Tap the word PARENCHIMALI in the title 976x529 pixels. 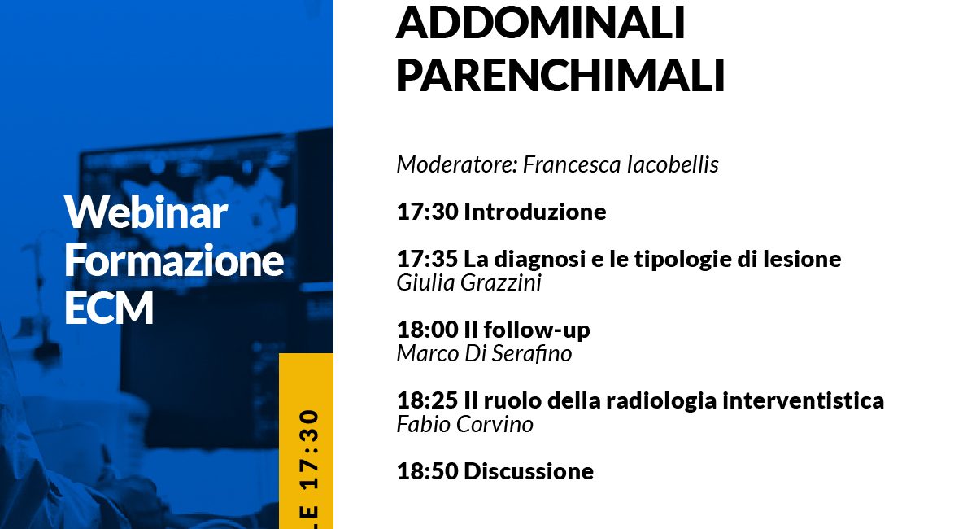tap(560, 75)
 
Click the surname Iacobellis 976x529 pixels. tap(673, 164)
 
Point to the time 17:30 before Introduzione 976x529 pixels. tap(428, 212)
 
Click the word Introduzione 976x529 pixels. tap(535, 212)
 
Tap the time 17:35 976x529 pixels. tap(428, 259)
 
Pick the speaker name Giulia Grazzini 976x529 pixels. tap(468, 283)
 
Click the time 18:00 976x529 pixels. tap(429, 330)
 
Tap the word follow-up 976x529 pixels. tap(537, 330)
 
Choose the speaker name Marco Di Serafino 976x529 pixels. tap(484, 354)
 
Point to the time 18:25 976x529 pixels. tap(428, 400)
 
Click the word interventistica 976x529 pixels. tap(804, 400)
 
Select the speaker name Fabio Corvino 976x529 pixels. tap(465, 424)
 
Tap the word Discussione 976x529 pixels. tap(529, 471)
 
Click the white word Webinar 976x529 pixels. tap(146, 212)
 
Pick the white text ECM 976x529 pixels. tap(109, 308)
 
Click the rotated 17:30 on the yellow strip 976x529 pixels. tap(310, 448)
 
